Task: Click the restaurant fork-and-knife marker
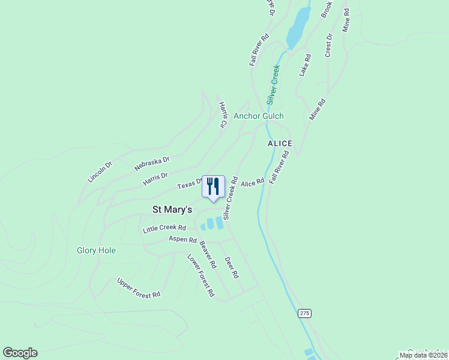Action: (x=212, y=187)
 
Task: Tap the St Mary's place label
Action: (x=172, y=209)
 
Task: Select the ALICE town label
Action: (x=280, y=143)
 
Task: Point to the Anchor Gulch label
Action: (x=258, y=116)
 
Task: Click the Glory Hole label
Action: (x=96, y=250)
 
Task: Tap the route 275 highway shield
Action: (x=305, y=314)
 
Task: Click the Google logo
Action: (x=20, y=353)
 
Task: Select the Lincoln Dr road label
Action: (x=100, y=172)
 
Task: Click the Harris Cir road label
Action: (x=223, y=115)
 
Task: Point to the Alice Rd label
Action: (x=252, y=182)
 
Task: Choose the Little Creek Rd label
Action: (x=164, y=229)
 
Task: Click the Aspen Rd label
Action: (x=182, y=240)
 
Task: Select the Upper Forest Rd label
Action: (x=139, y=288)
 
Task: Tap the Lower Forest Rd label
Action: (x=200, y=276)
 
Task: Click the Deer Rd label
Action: (x=232, y=268)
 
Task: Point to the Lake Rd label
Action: (x=305, y=65)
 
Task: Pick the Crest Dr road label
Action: (x=328, y=46)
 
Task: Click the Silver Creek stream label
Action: (x=274, y=84)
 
